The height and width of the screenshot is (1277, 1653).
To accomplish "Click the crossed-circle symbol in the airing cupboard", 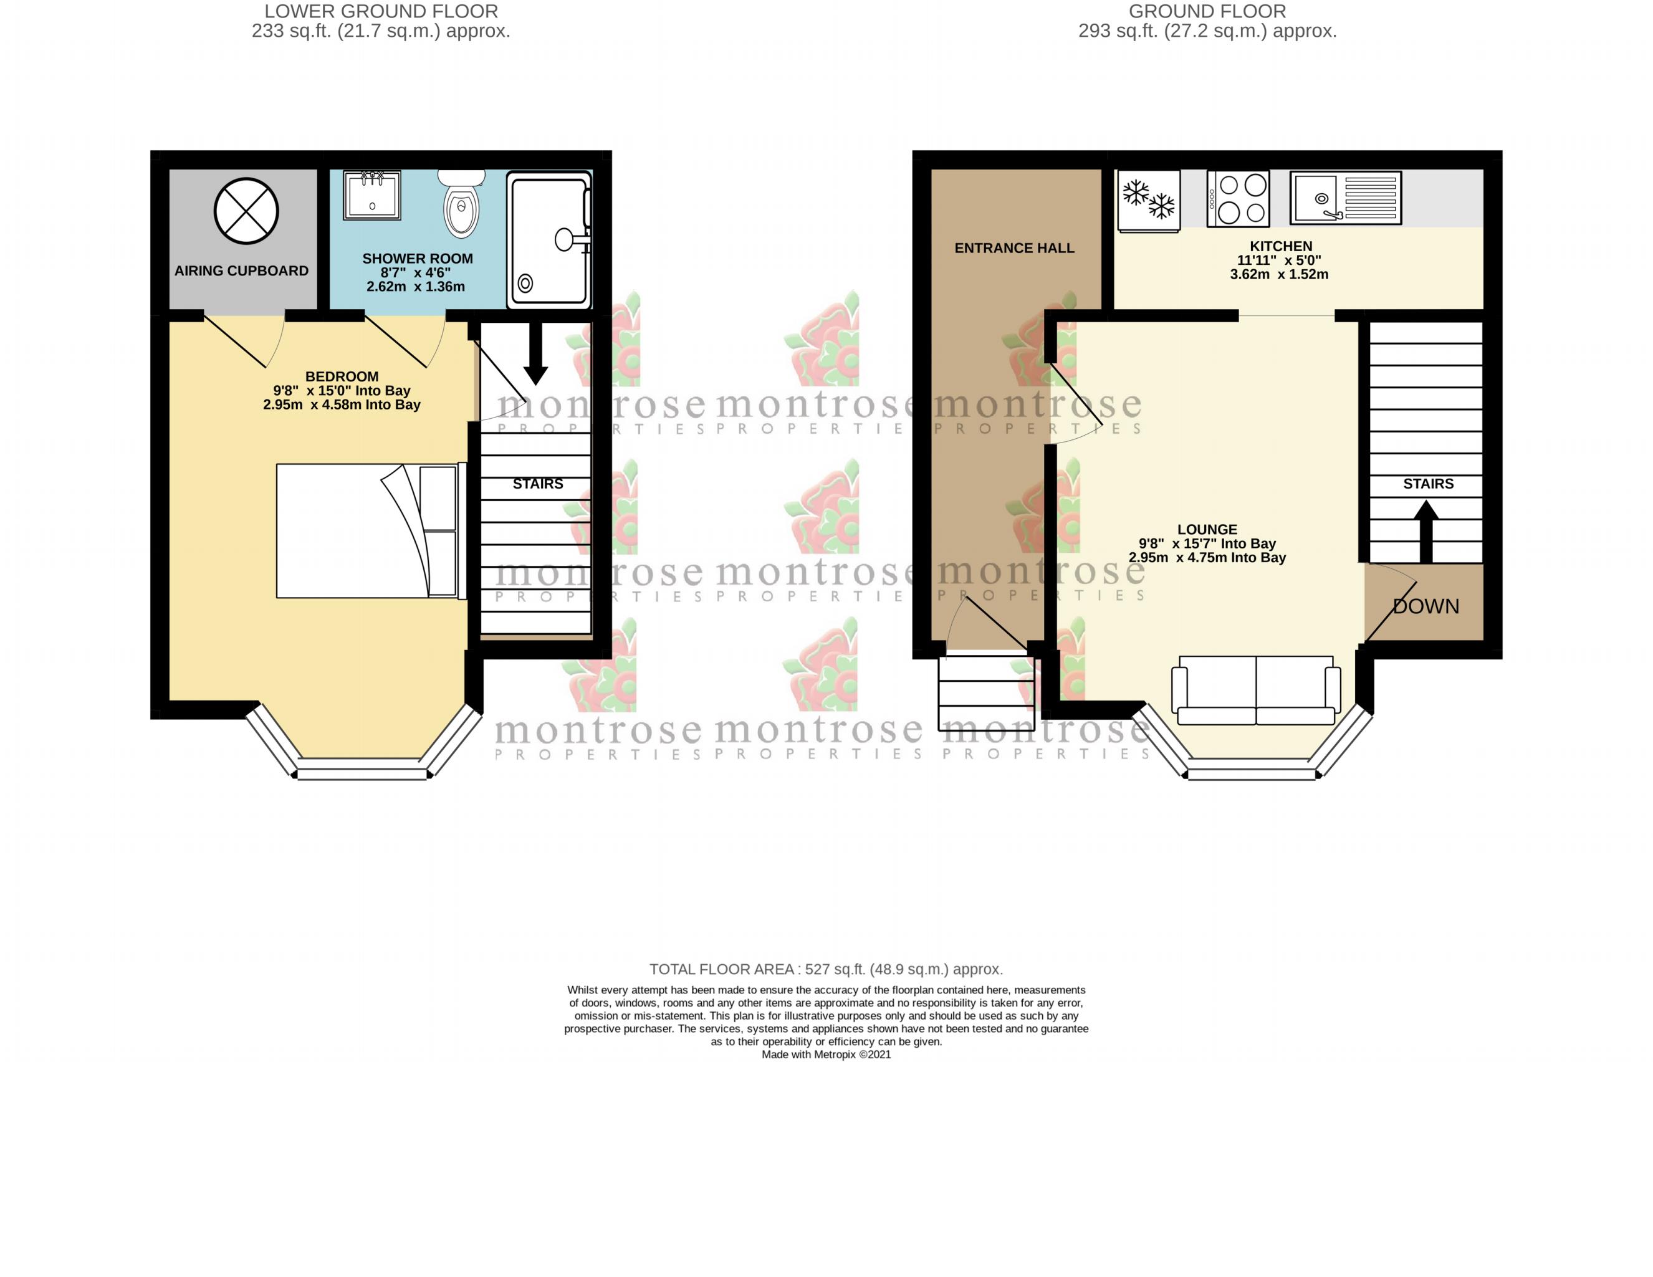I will click(246, 211).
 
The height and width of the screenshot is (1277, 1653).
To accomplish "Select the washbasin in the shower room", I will click(371, 195).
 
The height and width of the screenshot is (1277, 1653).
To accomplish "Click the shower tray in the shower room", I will click(549, 240).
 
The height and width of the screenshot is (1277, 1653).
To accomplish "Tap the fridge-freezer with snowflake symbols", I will click(1148, 200).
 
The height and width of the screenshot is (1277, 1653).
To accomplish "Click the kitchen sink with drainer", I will click(1345, 198).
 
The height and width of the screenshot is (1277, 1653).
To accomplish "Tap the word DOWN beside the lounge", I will click(1426, 606).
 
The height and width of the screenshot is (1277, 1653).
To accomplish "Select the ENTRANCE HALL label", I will click(1014, 248).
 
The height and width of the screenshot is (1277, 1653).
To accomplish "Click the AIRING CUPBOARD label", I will click(241, 271).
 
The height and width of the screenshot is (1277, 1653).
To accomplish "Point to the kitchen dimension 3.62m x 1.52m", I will click(1279, 275).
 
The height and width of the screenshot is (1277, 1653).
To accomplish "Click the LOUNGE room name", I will click(1207, 530).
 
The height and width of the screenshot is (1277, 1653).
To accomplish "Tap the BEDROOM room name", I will click(342, 377).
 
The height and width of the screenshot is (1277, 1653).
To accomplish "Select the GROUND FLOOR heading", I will click(1207, 11).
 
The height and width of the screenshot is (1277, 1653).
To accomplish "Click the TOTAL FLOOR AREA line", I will click(826, 970).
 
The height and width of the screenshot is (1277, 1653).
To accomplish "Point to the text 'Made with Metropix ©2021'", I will click(826, 1055).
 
